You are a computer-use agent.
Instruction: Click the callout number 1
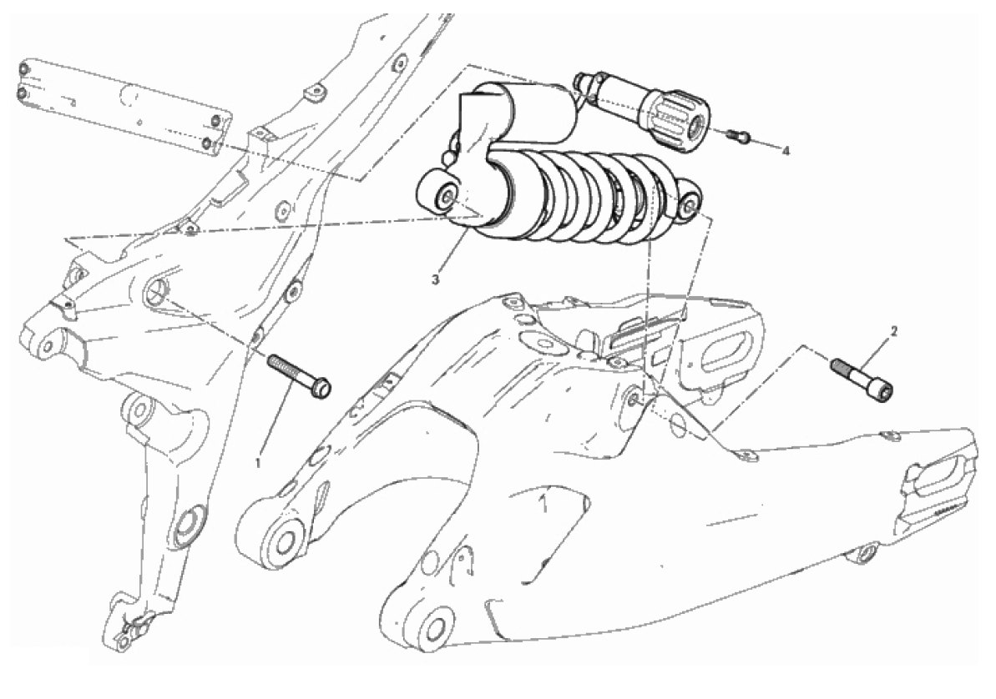coord(258,464)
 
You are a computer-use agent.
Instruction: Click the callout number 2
coord(894,331)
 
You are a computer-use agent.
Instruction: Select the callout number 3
coord(435,279)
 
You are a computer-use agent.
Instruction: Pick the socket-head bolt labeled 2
coord(862,379)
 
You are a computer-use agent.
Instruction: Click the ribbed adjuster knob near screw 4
coord(678,121)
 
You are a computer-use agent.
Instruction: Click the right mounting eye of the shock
coord(688,204)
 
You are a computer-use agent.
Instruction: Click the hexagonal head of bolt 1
coord(321,387)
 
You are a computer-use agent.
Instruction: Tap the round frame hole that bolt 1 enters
coord(155,292)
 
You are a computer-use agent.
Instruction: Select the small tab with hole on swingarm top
coord(745,455)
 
